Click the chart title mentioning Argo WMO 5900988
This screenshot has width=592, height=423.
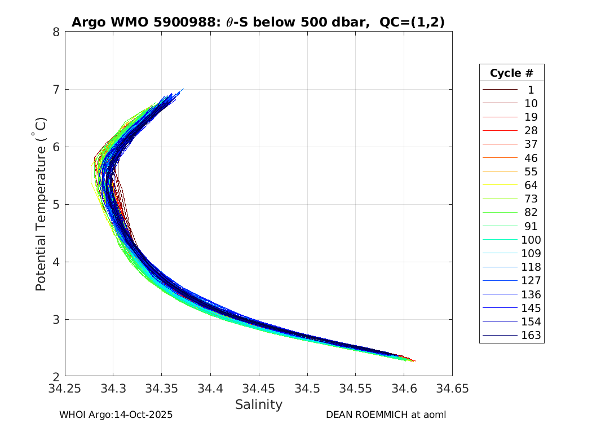click(x=258, y=22)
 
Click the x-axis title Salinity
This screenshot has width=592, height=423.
click(x=258, y=404)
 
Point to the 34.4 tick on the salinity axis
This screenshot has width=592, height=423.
click(x=210, y=389)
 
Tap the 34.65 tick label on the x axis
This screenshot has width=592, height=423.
click(x=452, y=389)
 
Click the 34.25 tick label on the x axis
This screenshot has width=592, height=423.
click(x=65, y=389)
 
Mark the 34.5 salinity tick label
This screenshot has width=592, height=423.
click(x=307, y=389)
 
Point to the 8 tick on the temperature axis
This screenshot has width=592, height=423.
click(x=56, y=32)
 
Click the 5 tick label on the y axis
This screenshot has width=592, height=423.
click(x=56, y=204)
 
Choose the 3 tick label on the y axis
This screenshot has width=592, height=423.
click(x=56, y=319)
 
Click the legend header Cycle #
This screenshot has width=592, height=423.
click(x=511, y=73)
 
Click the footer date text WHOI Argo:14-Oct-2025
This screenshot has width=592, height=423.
click(x=116, y=415)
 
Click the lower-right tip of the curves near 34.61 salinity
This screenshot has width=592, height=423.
click(x=414, y=361)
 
